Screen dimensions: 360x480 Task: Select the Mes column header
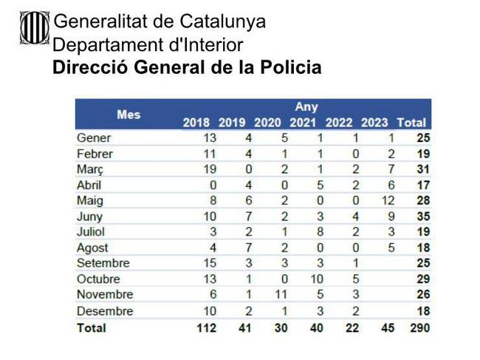128,115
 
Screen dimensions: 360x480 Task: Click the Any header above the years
306,107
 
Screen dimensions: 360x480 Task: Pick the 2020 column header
267,123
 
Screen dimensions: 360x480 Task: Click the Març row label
90,169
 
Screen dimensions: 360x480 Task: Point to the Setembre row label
103,263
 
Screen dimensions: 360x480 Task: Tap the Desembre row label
105,310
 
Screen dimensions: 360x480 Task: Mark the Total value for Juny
422,217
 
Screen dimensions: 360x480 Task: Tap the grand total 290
420,327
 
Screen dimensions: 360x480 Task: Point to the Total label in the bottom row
92,327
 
